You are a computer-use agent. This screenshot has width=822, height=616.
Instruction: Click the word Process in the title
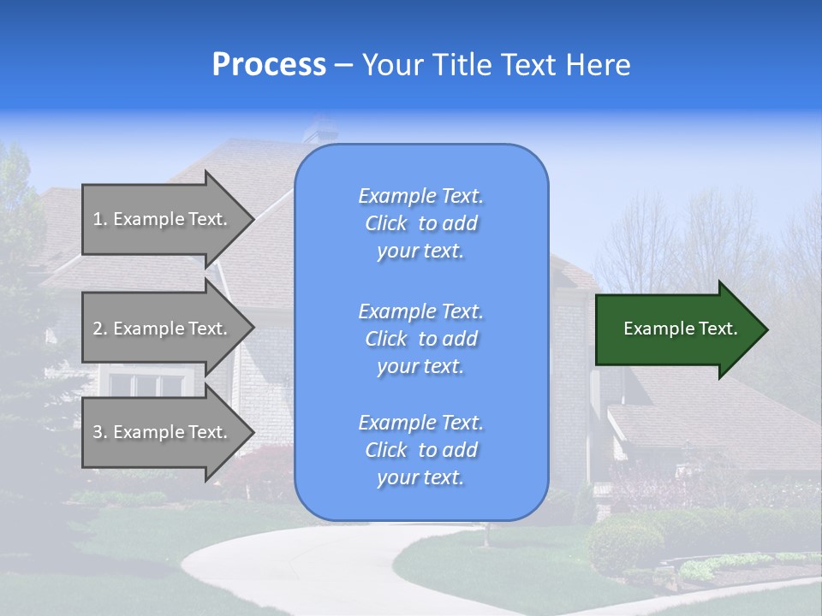pos(269,65)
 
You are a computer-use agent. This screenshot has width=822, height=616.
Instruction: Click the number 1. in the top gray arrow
pos(100,219)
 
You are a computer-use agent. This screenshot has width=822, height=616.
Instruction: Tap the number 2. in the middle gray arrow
pos(100,329)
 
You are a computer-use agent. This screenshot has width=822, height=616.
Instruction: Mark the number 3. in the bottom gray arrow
pos(100,432)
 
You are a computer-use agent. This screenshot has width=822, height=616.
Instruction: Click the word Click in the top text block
pos(386,224)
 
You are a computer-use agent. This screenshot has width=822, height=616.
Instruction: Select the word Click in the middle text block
pos(386,340)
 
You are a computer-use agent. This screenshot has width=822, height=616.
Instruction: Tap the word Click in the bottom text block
pos(386,451)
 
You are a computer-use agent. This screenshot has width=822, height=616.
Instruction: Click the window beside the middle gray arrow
pos(146,384)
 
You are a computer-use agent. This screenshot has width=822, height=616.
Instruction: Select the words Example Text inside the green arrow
pos(680,329)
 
